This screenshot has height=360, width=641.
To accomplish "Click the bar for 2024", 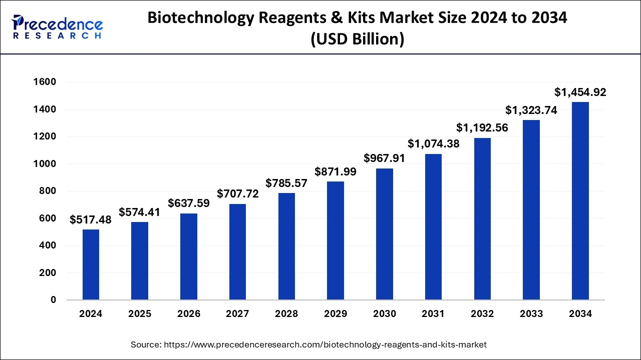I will pos(91,265).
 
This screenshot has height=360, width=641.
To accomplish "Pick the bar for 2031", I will pos(433,227).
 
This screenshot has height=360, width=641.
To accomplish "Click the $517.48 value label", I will pos(91,219).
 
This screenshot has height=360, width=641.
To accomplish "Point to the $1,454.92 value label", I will pos(580,92).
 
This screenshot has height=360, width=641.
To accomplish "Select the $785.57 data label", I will pos(286,183).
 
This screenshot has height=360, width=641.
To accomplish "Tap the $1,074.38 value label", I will pos(433,144).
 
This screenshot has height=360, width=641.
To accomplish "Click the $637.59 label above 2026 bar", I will pos(189,203).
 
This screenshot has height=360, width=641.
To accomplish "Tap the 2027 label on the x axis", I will pos(238,314).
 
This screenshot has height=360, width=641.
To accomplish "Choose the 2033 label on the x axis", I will pos(531,314).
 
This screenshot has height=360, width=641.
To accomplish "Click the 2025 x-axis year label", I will pos(140,314).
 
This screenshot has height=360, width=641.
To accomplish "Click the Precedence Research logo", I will pos(58,27).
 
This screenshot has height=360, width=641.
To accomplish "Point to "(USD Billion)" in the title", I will pos(357,39).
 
